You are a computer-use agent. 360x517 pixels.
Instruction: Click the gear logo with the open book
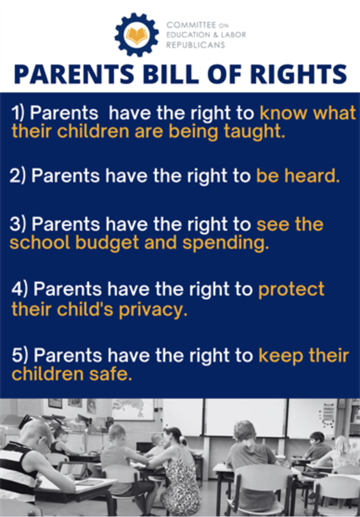click(136, 35)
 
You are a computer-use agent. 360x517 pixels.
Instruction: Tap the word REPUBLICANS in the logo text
click(195, 45)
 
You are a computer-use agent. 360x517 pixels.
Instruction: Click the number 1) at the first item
click(19, 113)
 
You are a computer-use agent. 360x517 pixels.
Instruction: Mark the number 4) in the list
click(19, 290)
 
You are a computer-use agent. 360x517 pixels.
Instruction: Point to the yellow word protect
click(291, 290)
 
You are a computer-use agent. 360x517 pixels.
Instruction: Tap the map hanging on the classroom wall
click(133, 409)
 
